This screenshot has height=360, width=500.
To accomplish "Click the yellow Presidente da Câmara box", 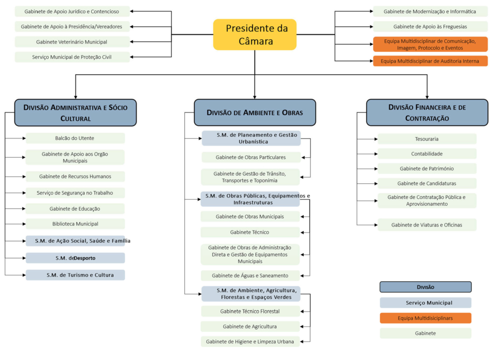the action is pos(255,34).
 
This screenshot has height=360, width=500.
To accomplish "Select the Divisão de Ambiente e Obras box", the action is pos(255,113).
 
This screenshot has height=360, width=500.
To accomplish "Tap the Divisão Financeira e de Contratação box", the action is pos(427,113).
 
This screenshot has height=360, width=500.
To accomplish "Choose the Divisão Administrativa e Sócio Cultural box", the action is pos(75,113).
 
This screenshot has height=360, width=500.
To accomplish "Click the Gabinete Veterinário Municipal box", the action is pos(72,42).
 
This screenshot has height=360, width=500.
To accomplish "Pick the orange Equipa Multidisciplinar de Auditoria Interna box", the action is pos(430,61).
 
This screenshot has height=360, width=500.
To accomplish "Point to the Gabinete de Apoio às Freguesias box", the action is pos(430,27).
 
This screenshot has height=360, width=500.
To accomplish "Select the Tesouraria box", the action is pos(427,139).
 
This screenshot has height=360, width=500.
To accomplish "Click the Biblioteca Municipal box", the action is pos(75,224).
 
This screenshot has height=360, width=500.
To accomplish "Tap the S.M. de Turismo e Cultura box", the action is pos(75,275).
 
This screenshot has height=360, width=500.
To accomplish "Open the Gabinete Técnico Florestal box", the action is pos(250,311).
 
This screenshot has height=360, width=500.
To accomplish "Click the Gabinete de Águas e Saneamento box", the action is pos(250,276).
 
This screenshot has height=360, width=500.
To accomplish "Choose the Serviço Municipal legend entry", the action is pos(425,303).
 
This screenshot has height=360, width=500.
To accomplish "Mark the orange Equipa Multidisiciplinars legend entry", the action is pos(425,318).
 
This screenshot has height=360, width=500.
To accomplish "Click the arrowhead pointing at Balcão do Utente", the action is pos(24,138).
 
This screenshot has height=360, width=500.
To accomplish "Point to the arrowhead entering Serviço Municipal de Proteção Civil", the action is pos(132,57).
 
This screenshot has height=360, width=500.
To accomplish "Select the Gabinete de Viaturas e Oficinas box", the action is pos(427,225).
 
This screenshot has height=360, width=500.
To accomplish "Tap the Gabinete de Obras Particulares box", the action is pos(251,157).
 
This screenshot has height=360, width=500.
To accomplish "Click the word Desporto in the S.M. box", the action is pos(84,258).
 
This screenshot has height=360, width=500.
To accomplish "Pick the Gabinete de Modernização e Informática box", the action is pos(430,12).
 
